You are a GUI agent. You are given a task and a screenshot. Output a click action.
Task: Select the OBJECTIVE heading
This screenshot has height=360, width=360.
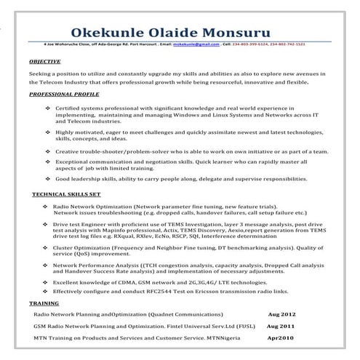tap(45, 63)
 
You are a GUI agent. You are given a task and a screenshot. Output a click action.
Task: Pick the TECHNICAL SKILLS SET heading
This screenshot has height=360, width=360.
tap(66, 196)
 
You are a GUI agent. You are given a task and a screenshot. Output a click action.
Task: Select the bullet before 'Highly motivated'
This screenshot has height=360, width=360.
tap(47, 132)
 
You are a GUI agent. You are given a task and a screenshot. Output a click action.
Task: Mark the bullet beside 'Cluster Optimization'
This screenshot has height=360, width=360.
tap(46, 247)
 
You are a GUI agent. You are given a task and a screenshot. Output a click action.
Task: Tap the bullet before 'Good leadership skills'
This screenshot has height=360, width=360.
tap(47, 177)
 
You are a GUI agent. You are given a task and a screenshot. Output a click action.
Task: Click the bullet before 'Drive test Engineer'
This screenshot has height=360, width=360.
tap(46, 225)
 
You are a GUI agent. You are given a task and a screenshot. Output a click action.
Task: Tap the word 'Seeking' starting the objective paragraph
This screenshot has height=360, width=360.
tap(40, 73)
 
